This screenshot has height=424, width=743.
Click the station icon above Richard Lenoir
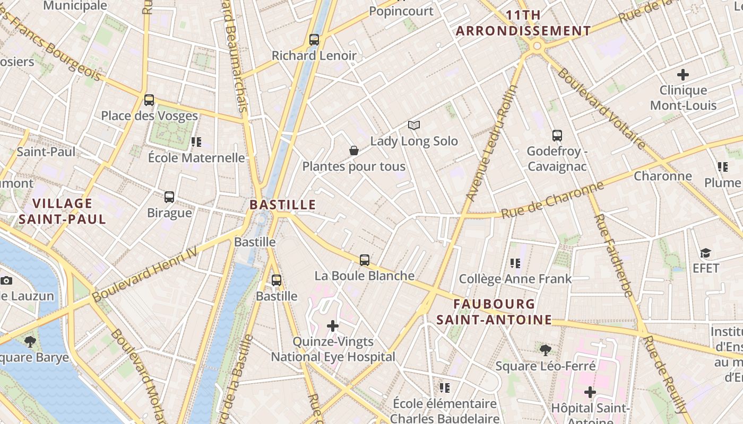[x=314, y=40]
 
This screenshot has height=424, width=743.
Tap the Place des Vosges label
[x=149, y=116]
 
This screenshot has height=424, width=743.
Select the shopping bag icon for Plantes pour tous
[x=354, y=151]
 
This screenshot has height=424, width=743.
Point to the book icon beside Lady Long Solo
[x=414, y=126]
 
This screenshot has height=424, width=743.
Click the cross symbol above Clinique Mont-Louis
[x=683, y=75]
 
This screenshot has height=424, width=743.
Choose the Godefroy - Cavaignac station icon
[x=557, y=136]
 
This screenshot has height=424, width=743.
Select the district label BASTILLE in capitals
[x=282, y=205]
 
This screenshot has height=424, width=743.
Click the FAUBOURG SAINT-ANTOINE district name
[x=494, y=312]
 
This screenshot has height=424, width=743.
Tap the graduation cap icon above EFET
[x=705, y=253]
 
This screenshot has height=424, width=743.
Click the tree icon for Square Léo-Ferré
[x=545, y=350]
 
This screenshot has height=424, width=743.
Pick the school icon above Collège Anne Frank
[x=515, y=263]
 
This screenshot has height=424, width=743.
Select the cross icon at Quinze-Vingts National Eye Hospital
[x=333, y=326]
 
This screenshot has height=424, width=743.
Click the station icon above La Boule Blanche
[x=364, y=260]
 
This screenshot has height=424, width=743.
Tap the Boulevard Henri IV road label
[x=144, y=275]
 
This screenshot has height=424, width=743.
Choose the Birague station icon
[x=169, y=197]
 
